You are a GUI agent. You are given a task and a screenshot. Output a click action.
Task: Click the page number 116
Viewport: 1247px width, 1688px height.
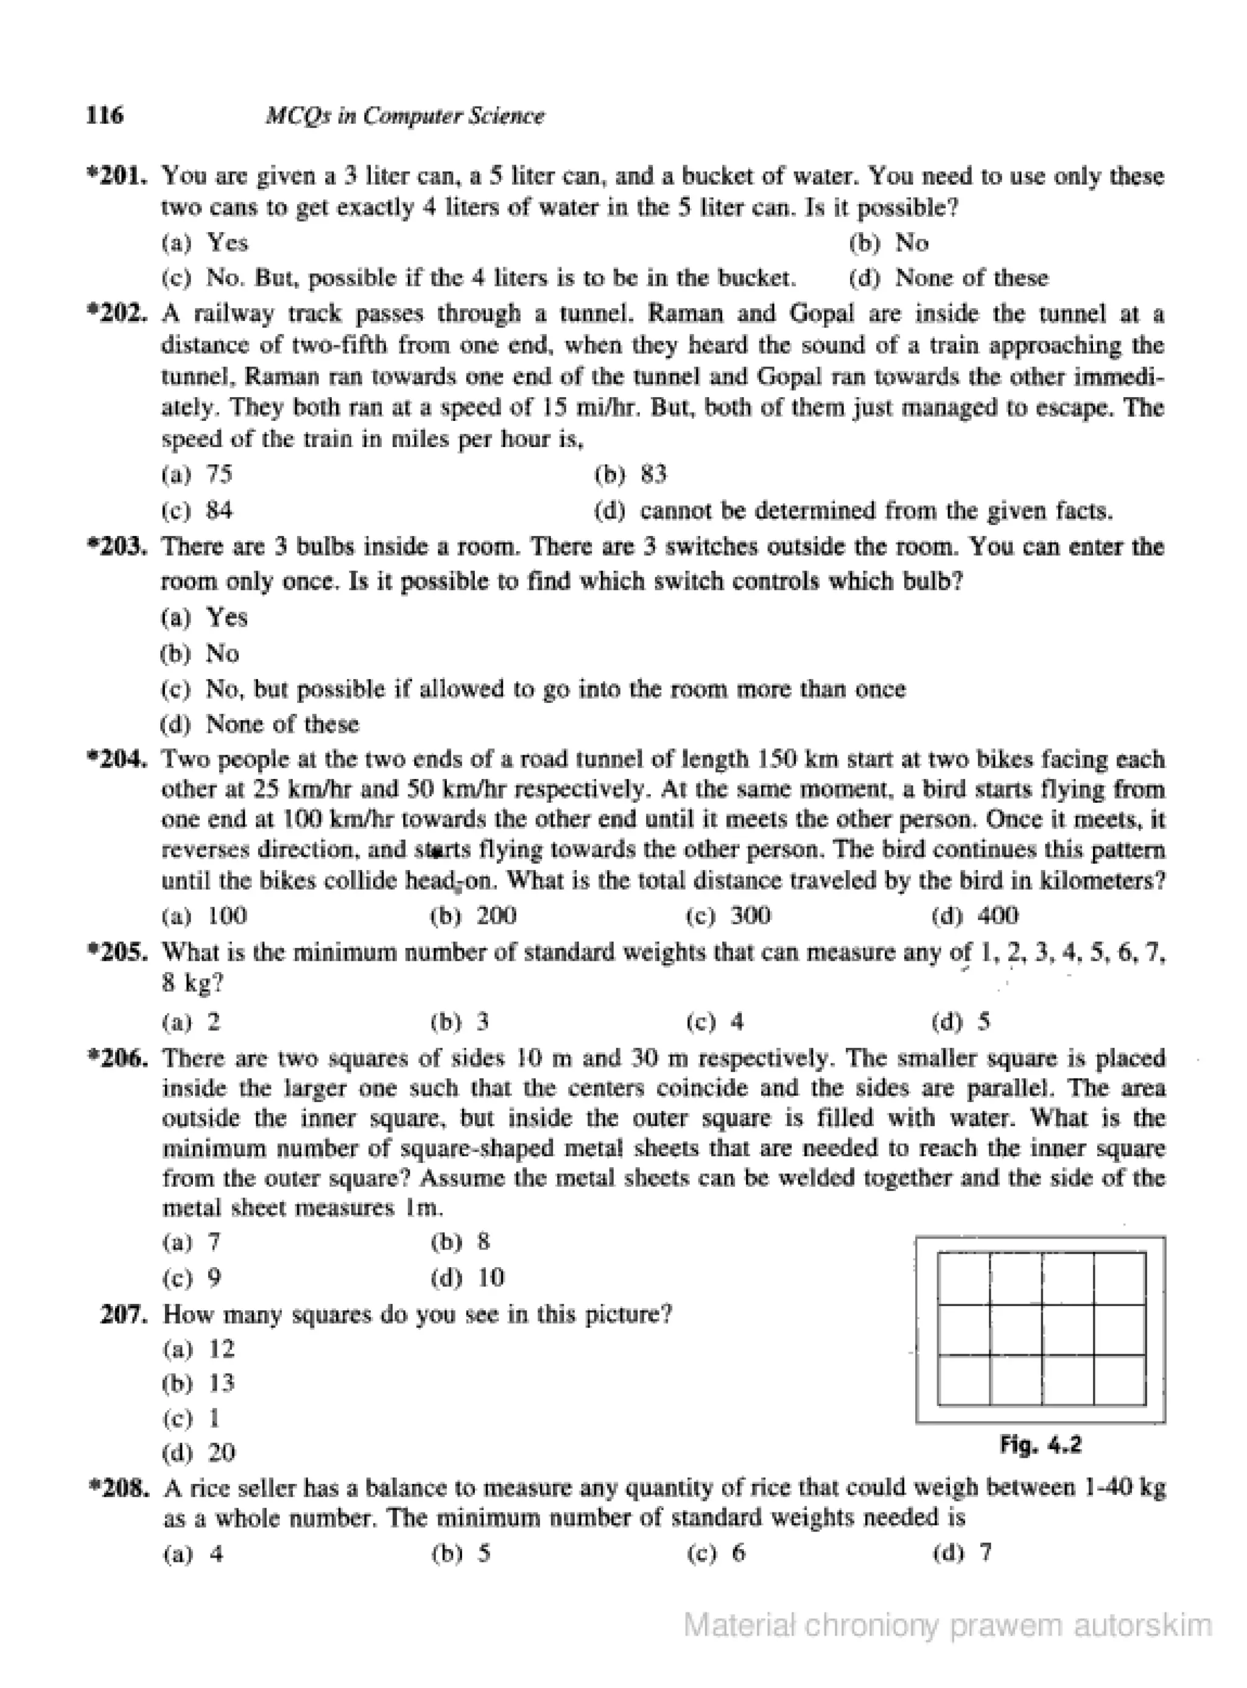click(x=105, y=116)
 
